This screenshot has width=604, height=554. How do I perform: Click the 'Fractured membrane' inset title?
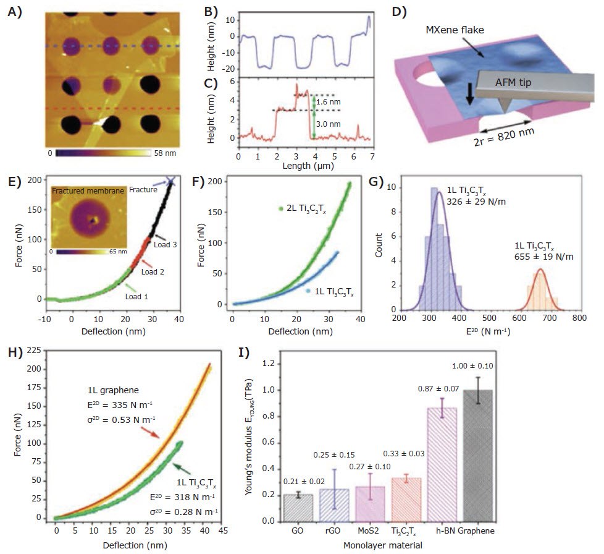click(91, 190)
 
